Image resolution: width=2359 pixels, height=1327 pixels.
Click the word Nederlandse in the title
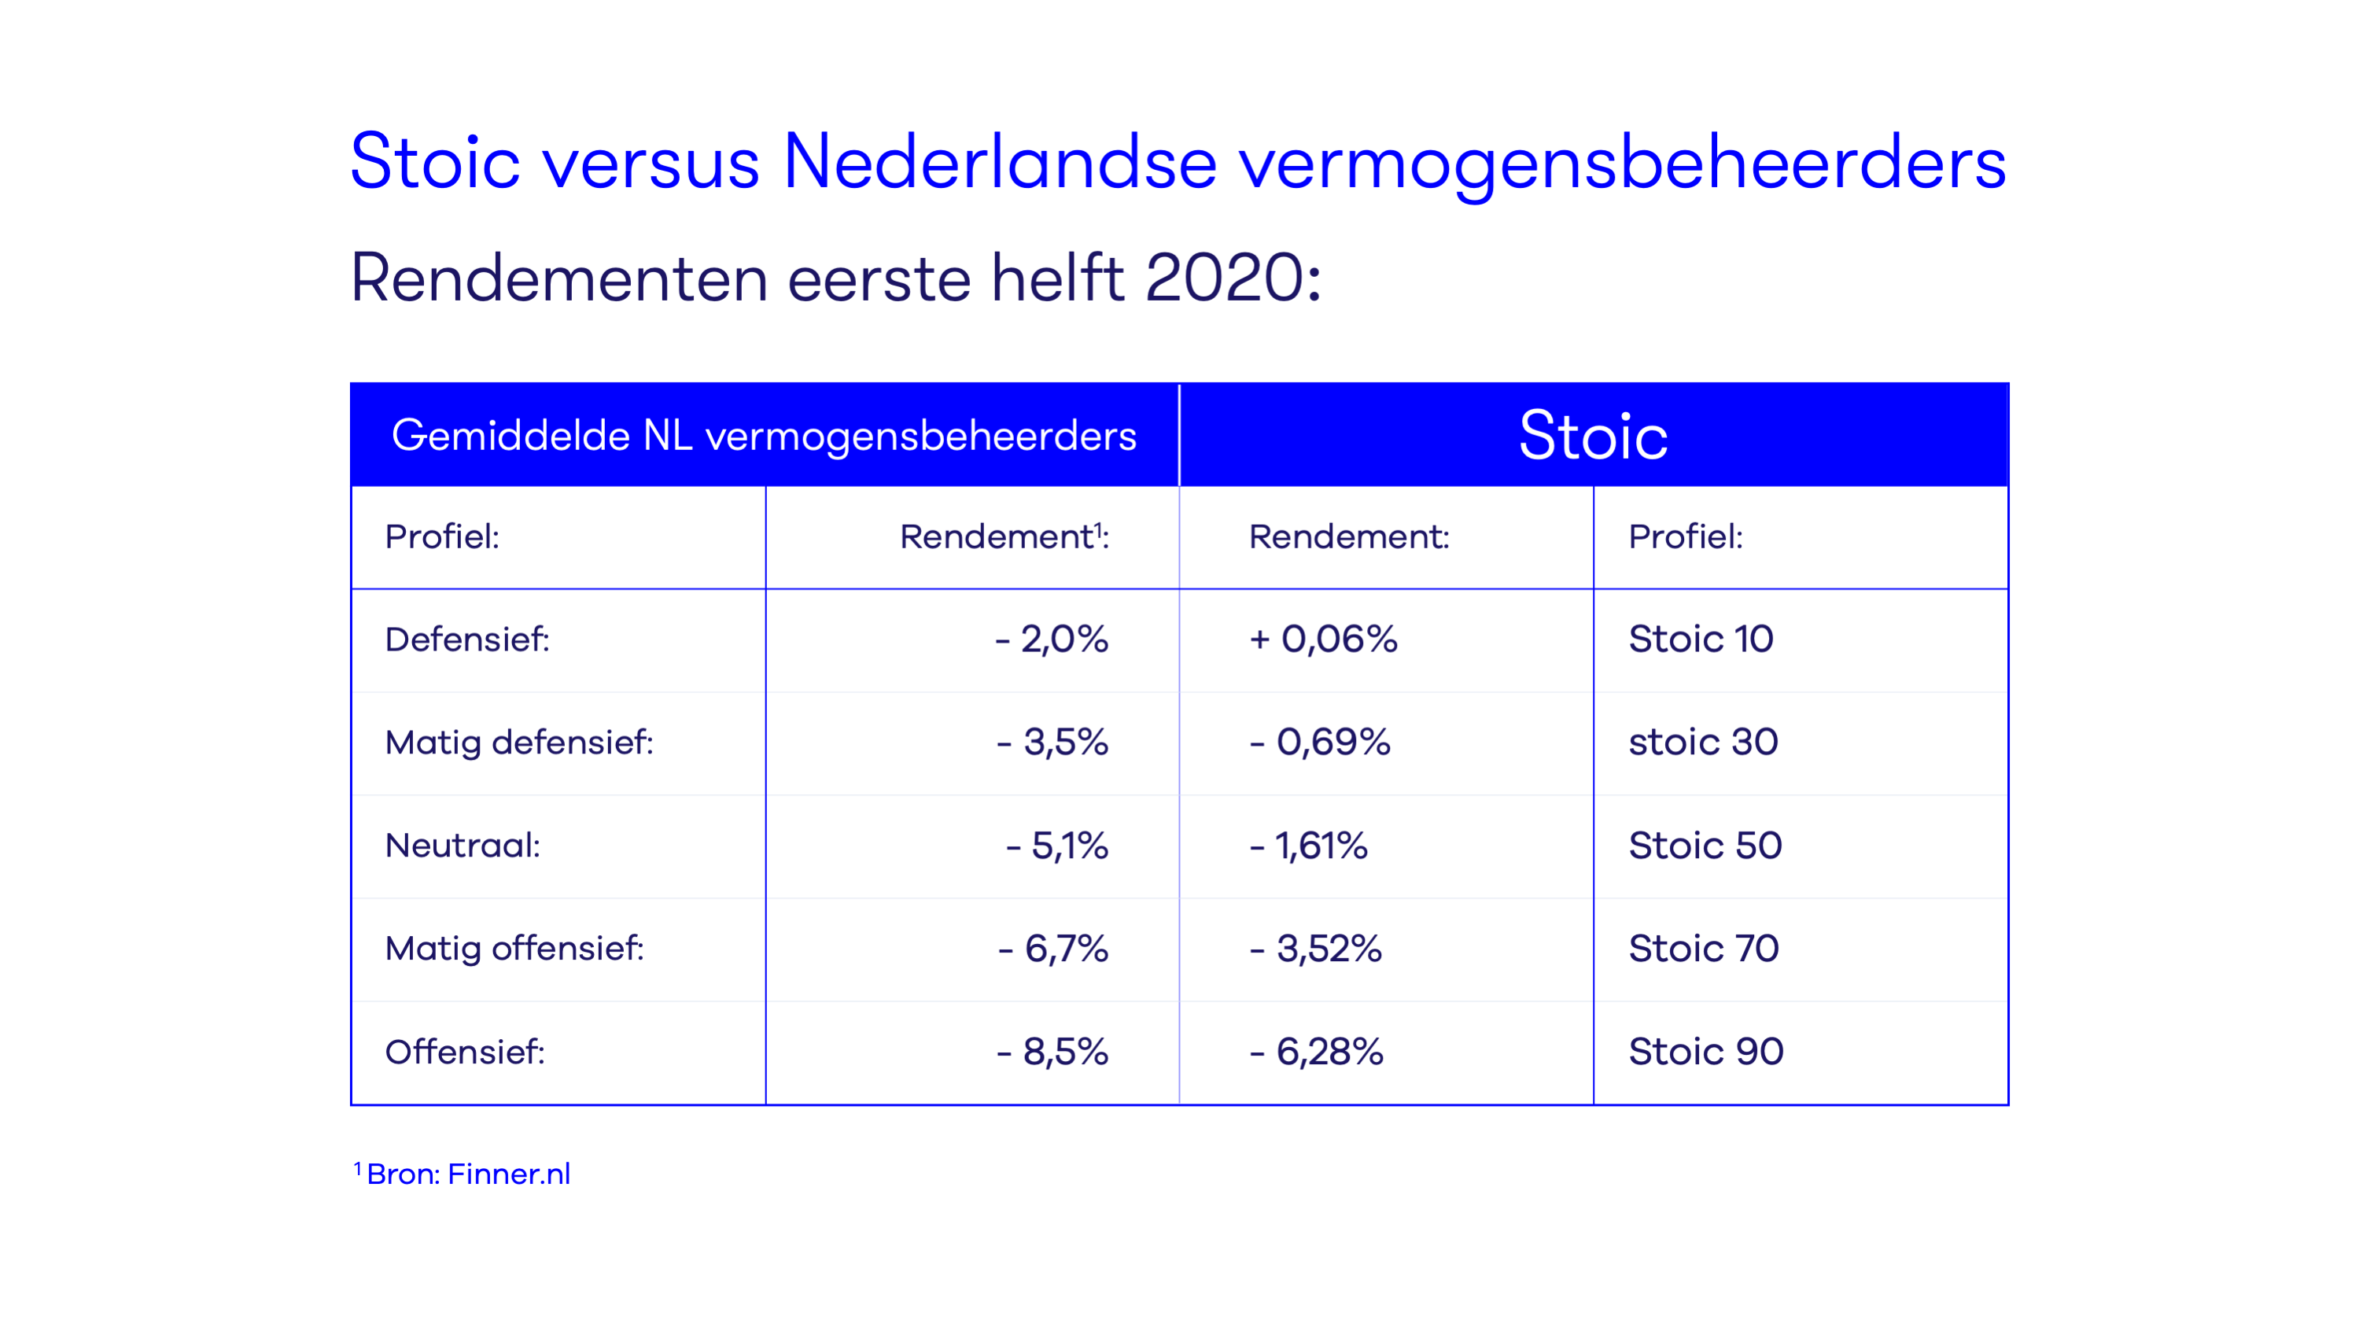tap(1000, 162)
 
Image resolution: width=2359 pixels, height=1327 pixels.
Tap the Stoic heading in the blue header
tap(1594, 435)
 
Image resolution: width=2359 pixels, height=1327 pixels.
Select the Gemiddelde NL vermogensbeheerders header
tap(764, 436)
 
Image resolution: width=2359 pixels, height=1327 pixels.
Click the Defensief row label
tap(467, 640)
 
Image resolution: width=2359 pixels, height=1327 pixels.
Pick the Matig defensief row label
tap(519, 743)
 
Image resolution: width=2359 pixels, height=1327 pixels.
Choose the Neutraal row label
tap(463, 846)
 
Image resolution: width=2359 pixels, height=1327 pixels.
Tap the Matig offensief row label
tap(514, 949)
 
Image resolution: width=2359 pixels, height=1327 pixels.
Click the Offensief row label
tap(465, 1052)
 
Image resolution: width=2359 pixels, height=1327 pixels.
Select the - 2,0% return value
tap(1052, 640)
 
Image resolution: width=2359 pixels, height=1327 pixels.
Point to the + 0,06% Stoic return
tap(1323, 640)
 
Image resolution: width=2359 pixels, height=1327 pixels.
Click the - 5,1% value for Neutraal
tap(1056, 846)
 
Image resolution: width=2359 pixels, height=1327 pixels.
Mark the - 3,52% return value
tap(1316, 949)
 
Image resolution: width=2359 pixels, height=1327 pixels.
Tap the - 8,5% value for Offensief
tap(1052, 1052)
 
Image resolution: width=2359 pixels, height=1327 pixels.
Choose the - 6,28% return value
tap(1317, 1052)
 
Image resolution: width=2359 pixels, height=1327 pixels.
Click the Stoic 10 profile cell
tap(1701, 640)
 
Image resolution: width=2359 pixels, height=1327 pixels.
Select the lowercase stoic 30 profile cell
tap(1703, 742)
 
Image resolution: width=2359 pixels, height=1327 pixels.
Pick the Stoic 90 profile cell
tap(1706, 1052)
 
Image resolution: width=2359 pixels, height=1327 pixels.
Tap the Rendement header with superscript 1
tap(1004, 536)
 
